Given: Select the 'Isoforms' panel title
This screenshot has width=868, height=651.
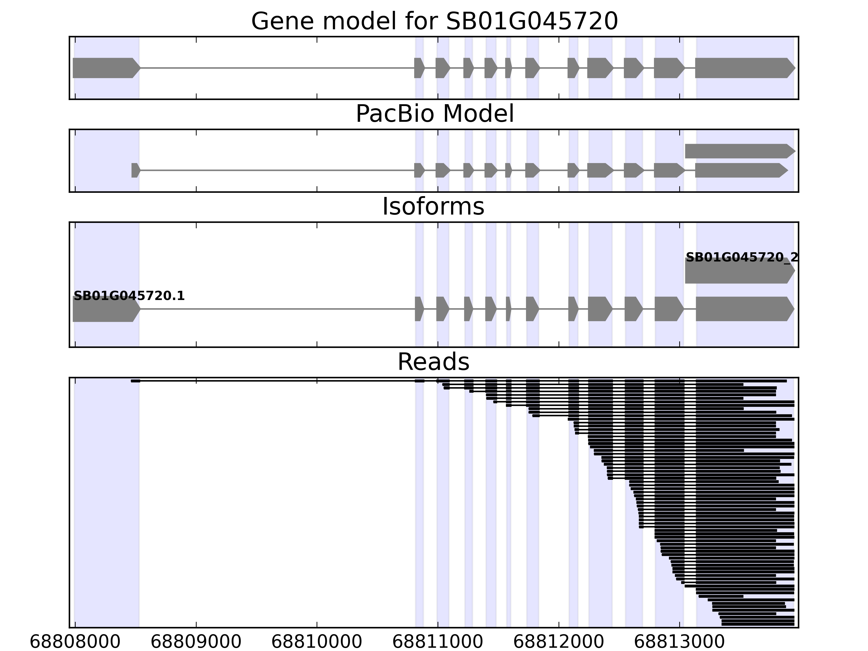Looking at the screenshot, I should click(x=433, y=207).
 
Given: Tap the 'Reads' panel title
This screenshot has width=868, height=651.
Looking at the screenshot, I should click(x=433, y=362).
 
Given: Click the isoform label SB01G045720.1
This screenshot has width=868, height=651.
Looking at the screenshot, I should click(x=129, y=296).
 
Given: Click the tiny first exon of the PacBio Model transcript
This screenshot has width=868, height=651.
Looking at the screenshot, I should click(x=135, y=170).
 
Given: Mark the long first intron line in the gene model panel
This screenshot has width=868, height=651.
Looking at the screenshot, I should click(x=275, y=68).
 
